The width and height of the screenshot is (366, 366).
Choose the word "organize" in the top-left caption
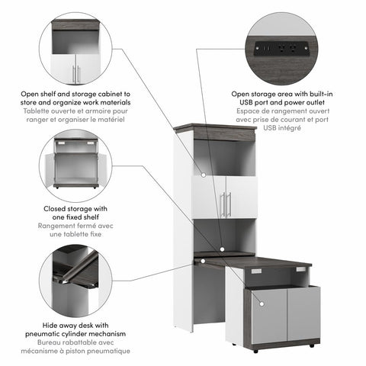[x=59, y=102]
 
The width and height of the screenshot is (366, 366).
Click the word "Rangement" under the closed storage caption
[x=59, y=226]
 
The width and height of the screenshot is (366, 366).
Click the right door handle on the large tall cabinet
[x=229, y=204]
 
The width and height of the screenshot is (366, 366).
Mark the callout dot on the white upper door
[x=204, y=175]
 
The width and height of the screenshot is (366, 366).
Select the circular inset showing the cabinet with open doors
[x=74, y=165]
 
